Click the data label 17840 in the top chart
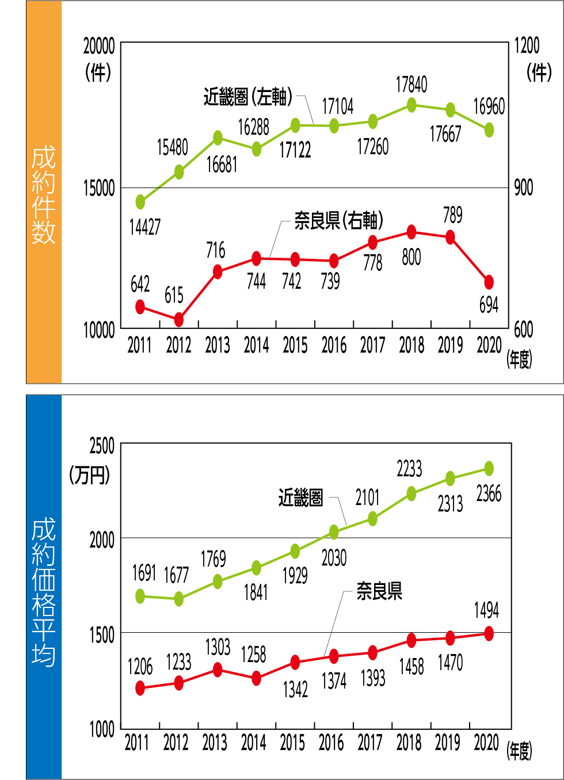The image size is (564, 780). (x=411, y=85)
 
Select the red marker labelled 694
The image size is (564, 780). (x=489, y=282)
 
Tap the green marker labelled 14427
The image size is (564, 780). (x=140, y=202)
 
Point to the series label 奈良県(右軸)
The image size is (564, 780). (x=338, y=220)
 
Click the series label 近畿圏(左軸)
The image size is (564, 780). (x=248, y=97)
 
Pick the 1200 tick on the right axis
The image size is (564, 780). (x=527, y=45)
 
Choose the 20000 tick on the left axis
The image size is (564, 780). (x=99, y=46)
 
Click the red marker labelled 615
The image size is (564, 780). (x=179, y=319)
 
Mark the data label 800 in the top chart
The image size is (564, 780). (x=411, y=257)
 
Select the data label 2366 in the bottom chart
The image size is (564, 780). (x=489, y=494)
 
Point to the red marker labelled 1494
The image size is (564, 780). (x=489, y=633)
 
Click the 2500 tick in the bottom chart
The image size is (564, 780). (x=102, y=446)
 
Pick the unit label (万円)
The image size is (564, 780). (x=90, y=475)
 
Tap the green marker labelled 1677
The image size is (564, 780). (x=179, y=599)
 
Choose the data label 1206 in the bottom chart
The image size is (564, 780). (x=140, y=667)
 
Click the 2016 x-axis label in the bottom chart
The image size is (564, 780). (x=331, y=743)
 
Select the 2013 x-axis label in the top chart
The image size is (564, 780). (x=218, y=345)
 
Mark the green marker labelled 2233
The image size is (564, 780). (x=411, y=494)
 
